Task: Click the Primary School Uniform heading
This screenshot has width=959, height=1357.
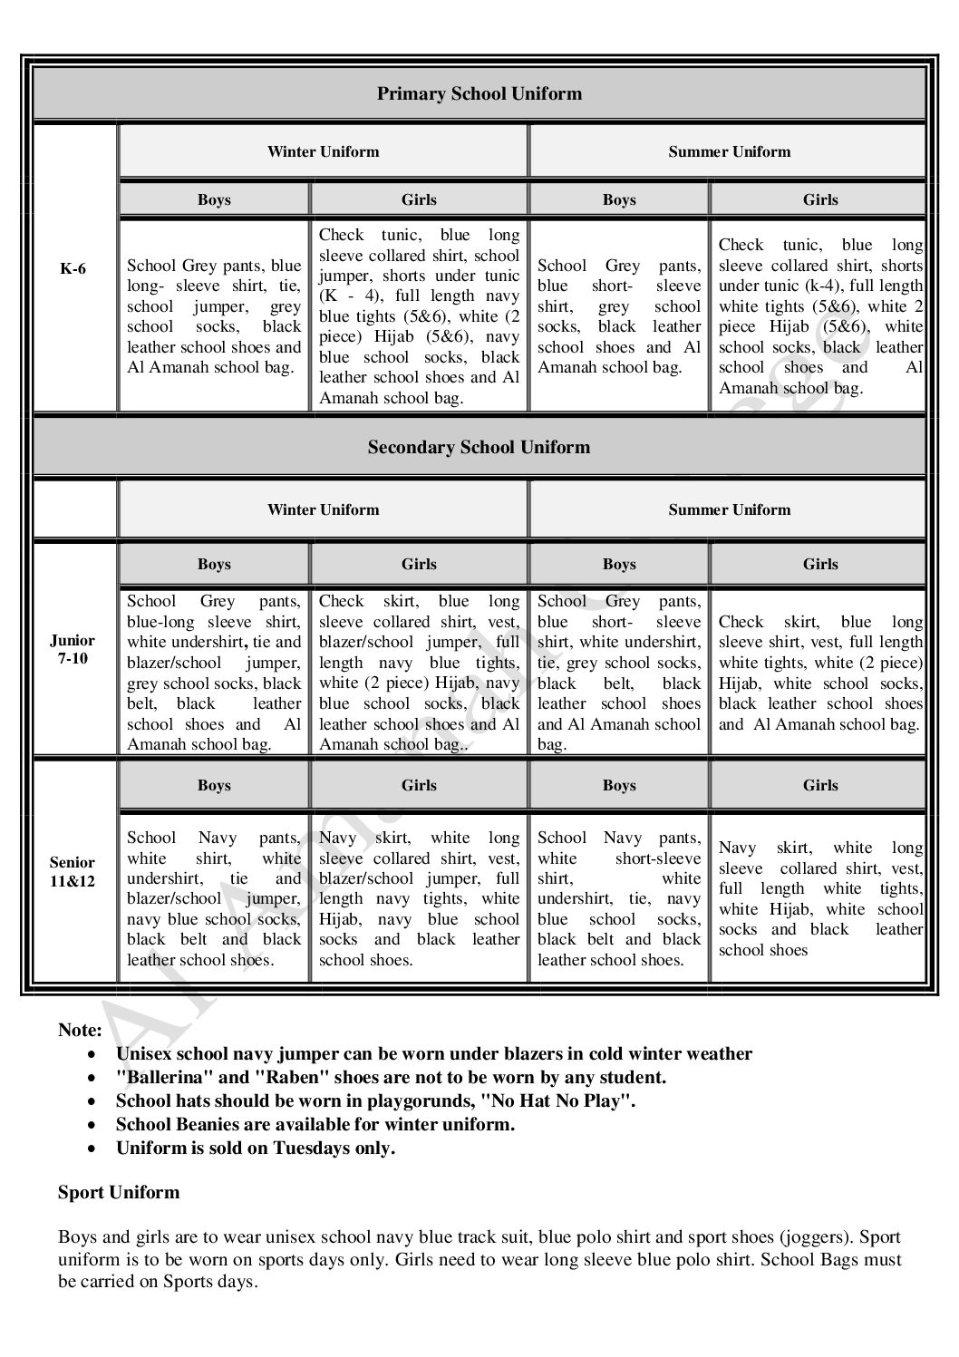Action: coord(479,93)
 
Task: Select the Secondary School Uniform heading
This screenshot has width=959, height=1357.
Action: coord(479,447)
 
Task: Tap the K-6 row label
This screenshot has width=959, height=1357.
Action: coord(73,269)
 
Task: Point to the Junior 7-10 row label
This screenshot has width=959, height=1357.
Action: coord(72,649)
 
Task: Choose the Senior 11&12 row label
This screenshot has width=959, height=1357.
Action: coord(72,871)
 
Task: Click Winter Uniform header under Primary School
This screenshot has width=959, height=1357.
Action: coord(323,151)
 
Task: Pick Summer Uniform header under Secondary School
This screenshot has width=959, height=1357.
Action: coord(729,509)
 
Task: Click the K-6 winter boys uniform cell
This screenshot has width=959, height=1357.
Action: coord(214,316)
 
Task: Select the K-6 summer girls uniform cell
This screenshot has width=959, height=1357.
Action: coord(819,316)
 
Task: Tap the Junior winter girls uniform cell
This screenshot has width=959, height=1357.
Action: coord(419,673)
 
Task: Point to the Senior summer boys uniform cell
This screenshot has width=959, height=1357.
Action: coord(618,898)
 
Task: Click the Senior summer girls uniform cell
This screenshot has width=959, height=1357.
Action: coord(819,898)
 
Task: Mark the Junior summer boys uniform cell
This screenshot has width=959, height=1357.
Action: coord(618,673)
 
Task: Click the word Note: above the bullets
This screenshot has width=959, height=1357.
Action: coord(80,1030)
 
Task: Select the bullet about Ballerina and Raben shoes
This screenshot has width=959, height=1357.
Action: coord(391,1077)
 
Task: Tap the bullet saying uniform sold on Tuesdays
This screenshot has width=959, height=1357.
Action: coord(256,1148)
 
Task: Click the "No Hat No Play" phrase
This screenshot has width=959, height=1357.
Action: coord(558,1100)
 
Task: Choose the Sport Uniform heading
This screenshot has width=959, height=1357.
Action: coord(119,1192)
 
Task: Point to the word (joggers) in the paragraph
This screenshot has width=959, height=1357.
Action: coord(816,1236)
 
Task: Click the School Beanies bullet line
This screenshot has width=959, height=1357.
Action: coord(315,1124)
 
